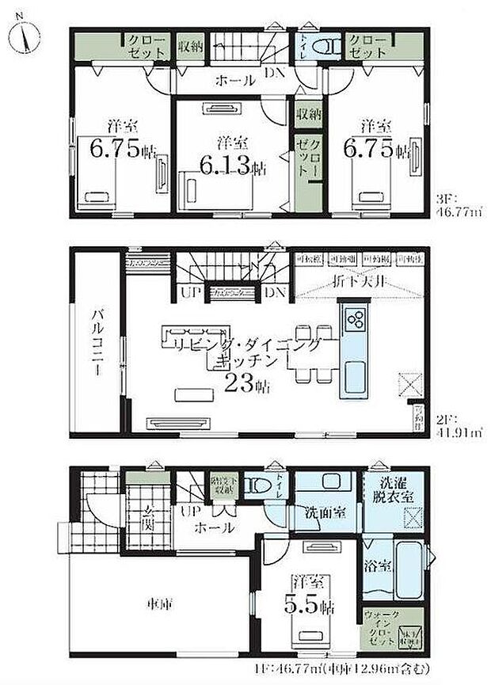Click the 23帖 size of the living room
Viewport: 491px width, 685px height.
coord(246,386)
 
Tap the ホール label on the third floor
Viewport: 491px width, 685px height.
coord(235,80)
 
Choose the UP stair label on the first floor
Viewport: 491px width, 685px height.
coord(189,513)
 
